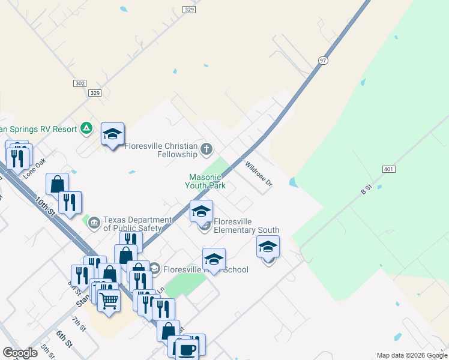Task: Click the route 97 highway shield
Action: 323,61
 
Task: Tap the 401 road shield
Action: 388,169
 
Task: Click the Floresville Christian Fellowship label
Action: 161,150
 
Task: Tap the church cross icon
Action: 206,148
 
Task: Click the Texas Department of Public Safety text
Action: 132,224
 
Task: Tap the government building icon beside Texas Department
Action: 94,223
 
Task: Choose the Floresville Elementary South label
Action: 246,226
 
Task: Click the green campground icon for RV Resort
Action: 87,128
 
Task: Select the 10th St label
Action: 45,206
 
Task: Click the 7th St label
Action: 80,325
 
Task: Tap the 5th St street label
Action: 49,350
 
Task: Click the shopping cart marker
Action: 109,299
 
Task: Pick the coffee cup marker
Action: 188,349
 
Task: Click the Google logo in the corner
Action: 20,353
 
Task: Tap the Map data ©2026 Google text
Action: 411,355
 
